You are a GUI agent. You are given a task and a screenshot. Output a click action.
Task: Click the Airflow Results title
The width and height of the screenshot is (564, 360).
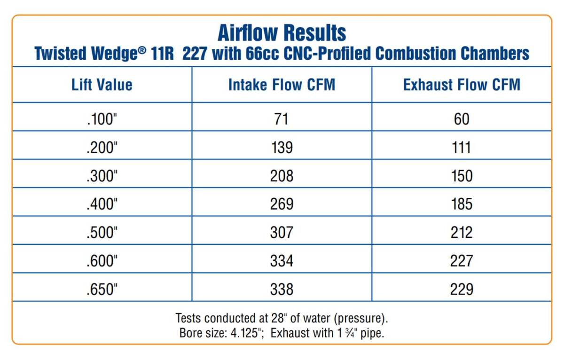(282, 33)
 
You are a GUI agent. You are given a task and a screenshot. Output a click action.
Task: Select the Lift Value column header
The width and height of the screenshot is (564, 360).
(102, 85)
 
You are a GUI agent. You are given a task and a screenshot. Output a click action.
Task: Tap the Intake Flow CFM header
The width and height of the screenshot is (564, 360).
(282, 85)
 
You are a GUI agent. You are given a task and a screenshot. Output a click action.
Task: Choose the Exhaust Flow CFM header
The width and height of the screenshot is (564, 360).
(462, 85)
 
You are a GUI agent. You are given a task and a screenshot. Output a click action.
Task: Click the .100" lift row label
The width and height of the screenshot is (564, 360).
(102, 119)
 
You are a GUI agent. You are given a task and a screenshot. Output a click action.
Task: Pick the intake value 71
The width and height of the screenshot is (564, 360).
(281, 119)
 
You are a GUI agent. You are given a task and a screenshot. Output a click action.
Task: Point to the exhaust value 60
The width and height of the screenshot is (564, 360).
(462, 119)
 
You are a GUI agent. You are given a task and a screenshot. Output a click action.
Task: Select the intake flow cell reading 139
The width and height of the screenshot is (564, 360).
(282, 148)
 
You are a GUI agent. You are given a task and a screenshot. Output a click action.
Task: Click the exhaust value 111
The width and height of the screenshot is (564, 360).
(462, 148)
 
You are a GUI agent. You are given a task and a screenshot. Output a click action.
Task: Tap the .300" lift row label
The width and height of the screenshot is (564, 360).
(102, 176)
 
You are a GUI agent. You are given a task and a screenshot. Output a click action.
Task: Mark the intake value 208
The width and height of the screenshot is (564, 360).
(282, 176)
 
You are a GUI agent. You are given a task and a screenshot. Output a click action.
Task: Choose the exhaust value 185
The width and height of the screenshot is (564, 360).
(462, 204)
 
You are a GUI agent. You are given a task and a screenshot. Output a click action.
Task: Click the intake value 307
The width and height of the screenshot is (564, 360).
(282, 233)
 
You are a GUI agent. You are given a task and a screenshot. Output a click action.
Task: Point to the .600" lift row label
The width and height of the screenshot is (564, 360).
(102, 261)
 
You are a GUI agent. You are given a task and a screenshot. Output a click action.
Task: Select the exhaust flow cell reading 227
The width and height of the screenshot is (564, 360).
(462, 261)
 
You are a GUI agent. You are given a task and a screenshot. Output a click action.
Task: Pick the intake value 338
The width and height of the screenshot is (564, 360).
(282, 290)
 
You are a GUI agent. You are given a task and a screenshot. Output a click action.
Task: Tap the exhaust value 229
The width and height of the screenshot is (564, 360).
(462, 290)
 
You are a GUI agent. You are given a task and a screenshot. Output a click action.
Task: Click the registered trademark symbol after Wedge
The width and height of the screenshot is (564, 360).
(142, 50)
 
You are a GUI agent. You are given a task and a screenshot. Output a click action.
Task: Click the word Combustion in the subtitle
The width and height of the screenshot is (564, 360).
(415, 54)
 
